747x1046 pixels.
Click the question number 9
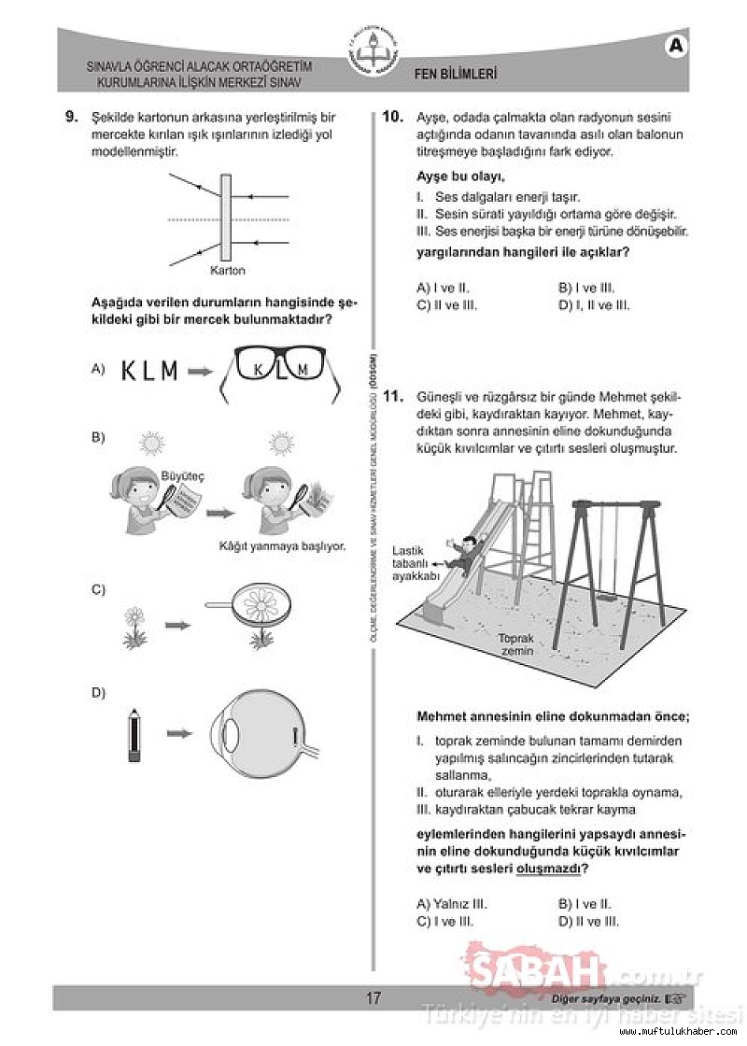[x=71, y=118]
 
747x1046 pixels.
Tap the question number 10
[x=393, y=118]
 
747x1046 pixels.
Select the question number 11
[x=393, y=396]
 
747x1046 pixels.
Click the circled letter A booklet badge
[x=677, y=44]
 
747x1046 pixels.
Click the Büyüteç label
[x=182, y=475]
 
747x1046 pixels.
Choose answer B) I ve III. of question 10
[x=586, y=289]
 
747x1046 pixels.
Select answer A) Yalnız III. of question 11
[x=452, y=904]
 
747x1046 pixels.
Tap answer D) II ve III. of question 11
[x=588, y=921]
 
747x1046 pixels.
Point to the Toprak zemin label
[x=515, y=644]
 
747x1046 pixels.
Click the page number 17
[x=373, y=997]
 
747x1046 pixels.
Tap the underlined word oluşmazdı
[x=549, y=869]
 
